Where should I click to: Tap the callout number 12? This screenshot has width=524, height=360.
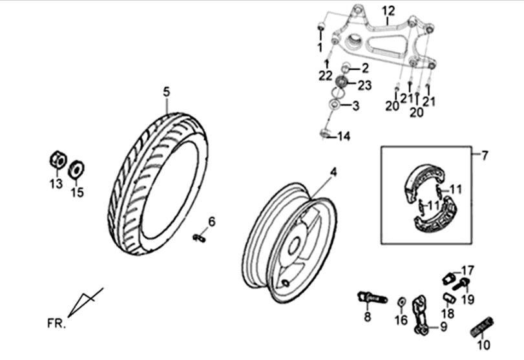(387, 10)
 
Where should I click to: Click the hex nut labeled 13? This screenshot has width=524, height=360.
(56, 159)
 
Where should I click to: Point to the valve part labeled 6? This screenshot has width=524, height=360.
(199, 238)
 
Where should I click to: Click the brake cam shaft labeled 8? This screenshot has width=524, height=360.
(371, 298)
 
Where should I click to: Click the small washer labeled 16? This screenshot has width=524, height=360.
(401, 302)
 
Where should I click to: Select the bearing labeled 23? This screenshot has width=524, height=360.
(344, 84)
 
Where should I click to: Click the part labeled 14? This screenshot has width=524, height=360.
(325, 134)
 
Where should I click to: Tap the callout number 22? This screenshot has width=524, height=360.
(325, 76)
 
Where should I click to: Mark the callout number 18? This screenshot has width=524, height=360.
(447, 313)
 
